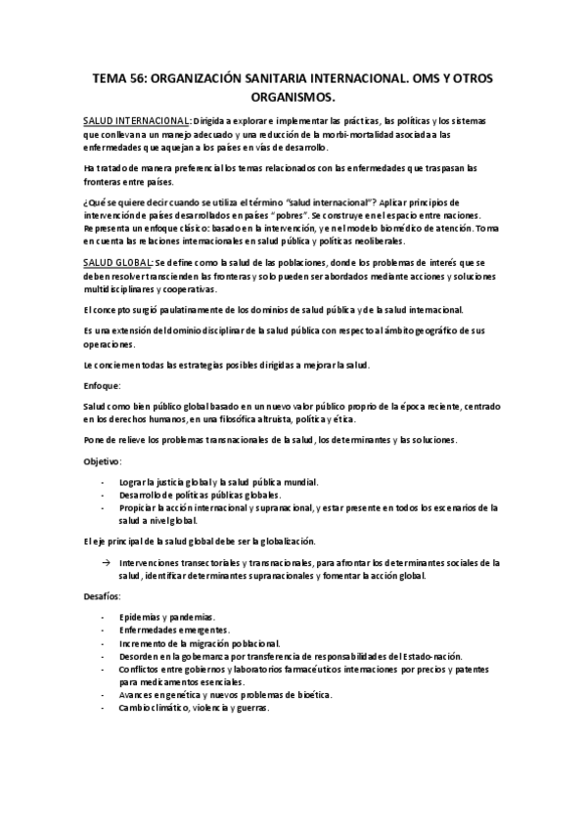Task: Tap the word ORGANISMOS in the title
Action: (293, 98)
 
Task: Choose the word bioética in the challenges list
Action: (304, 694)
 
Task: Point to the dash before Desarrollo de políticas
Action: (106, 495)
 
